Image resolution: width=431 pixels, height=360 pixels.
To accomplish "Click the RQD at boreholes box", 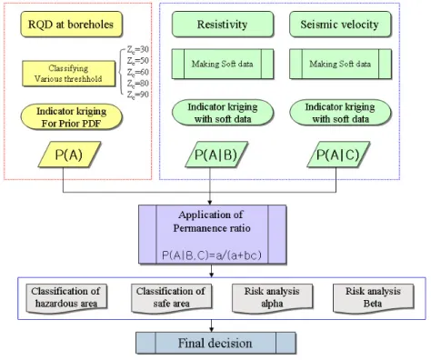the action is coord(71,25).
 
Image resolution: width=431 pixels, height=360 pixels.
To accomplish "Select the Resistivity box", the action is coord(223,25).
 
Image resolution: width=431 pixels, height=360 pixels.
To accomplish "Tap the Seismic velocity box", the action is coord(340,25).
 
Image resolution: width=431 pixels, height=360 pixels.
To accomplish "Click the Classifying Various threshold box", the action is coord(68,74).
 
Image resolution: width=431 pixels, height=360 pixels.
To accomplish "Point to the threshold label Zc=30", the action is coord(138,49).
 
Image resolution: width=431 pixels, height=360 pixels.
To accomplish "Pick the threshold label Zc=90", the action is coord(138,95).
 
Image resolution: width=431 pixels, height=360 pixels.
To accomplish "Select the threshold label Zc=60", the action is coord(138,72).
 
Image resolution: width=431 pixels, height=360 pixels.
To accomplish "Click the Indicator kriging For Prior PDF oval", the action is coord(71,117).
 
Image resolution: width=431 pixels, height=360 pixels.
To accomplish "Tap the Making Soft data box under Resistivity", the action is coord(223,64).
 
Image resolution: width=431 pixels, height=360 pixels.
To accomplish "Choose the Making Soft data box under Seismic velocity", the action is coord(340,64).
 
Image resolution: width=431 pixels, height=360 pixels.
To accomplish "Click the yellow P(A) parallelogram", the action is coord(69,155).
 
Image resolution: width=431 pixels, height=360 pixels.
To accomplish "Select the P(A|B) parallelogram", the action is coord(216,155).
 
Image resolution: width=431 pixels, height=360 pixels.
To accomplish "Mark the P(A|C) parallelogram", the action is coord(338,155).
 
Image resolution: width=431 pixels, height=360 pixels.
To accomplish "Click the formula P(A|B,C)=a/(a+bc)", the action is coord(212,255).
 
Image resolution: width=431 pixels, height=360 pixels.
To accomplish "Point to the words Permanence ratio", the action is coord(212,228).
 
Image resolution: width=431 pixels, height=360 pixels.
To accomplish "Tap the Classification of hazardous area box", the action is coord(66,298).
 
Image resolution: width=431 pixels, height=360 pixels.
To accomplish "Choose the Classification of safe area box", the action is coord(171,298).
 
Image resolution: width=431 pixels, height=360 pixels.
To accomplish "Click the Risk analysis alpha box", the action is coord(272,298).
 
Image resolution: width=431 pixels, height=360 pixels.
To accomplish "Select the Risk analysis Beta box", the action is coord(373,298).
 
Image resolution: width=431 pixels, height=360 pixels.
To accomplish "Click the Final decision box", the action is coord(215,343).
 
